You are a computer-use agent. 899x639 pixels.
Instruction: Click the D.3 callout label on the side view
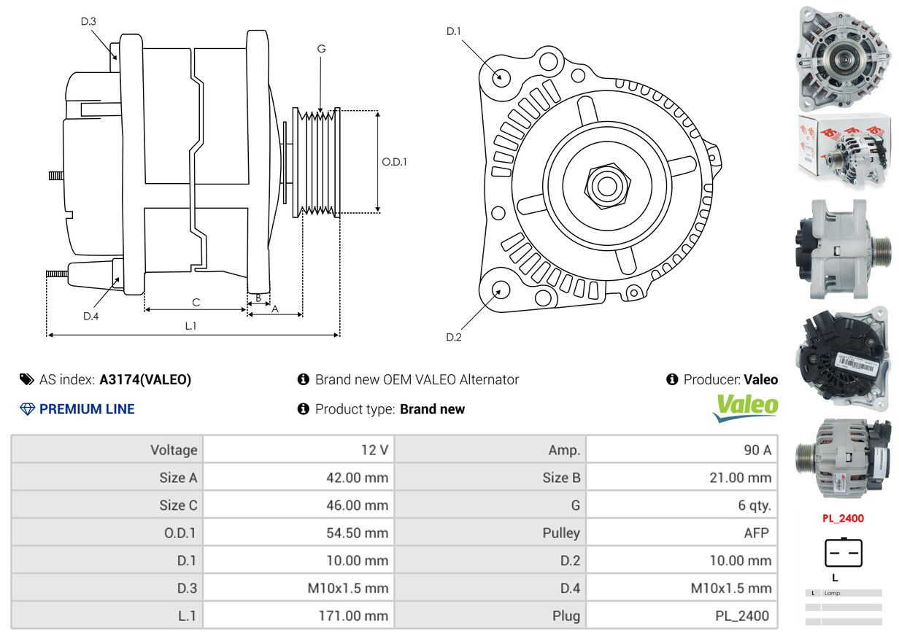click(88, 22)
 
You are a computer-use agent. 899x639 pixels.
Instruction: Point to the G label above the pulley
click(321, 49)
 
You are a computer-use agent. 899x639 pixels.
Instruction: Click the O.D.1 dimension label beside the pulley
click(394, 162)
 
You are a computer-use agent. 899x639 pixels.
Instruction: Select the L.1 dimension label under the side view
click(190, 326)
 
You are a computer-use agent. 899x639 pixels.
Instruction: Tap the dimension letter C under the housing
click(196, 302)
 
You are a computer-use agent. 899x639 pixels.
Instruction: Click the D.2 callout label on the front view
click(454, 337)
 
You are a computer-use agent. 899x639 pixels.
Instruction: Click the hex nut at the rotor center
click(606, 185)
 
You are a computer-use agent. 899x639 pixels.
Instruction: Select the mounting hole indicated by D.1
click(501, 76)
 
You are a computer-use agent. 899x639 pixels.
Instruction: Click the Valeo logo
click(745, 407)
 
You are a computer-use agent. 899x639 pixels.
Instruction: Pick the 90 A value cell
click(757, 450)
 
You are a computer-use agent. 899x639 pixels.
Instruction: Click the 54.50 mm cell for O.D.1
click(357, 533)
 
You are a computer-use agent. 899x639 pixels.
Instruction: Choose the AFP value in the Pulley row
click(756, 533)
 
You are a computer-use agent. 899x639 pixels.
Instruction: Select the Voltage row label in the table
click(174, 450)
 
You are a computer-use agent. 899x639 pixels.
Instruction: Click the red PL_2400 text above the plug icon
click(843, 519)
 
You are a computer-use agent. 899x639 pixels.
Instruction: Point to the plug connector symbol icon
click(844, 553)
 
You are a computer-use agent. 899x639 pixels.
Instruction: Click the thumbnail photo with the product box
click(844, 150)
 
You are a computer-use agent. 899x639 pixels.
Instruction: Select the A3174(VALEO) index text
click(145, 379)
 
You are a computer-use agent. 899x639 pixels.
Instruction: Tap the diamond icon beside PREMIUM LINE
click(27, 409)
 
